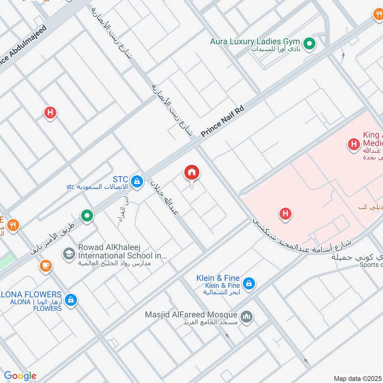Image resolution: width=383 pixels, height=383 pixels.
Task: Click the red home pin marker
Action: click(192, 173)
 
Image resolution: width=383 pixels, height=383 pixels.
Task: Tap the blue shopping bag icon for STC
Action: click(137, 181)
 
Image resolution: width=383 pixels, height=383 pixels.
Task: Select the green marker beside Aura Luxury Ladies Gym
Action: click(310, 45)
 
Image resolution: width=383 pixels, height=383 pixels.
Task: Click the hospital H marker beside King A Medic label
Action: click(354, 143)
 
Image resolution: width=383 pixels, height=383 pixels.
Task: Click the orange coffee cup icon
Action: click(46, 265)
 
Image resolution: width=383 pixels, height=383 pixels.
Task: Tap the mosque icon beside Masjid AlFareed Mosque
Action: click(247, 316)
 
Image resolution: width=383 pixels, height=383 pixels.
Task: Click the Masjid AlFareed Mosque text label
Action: click(191, 315)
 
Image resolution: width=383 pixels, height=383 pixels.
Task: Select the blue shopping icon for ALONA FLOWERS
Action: click(71, 300)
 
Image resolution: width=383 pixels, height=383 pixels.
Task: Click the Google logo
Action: click(20, 376)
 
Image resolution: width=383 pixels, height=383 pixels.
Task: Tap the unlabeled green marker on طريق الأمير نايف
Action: click(87, 216)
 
